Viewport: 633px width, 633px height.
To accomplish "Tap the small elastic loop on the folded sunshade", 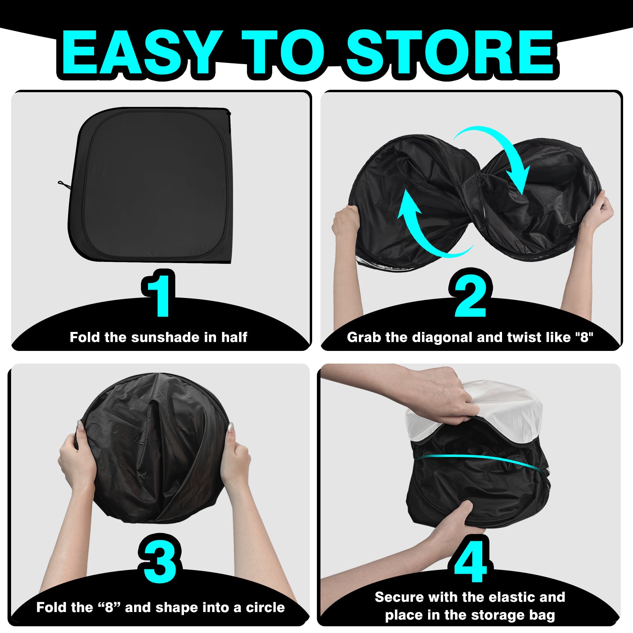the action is point(64,184).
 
